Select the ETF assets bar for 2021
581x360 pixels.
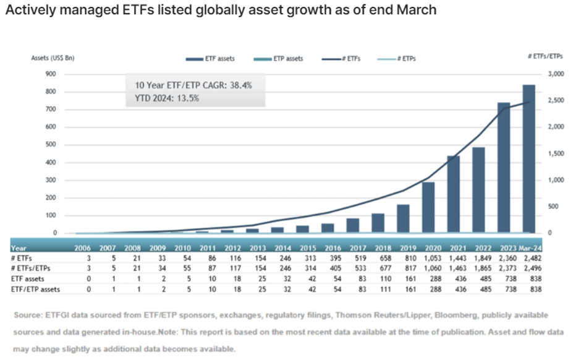click(x=454, y=194)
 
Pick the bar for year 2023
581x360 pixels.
click(x=504, y=168)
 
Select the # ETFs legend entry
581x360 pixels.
click(x=341, y=59)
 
